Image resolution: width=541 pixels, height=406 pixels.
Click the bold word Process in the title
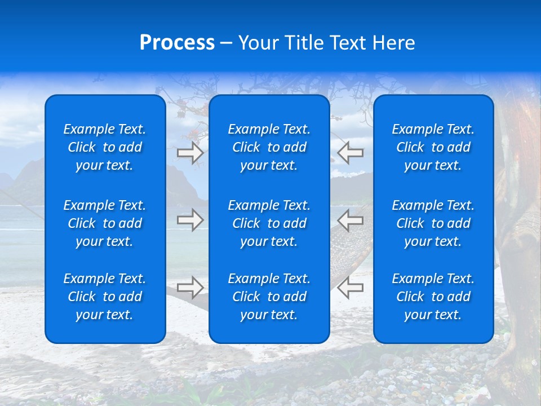click(x=177, y=43)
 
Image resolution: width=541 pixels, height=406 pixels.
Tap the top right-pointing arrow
click(x=190, y=153)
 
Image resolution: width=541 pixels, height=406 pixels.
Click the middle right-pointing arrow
click(x=190, y=220)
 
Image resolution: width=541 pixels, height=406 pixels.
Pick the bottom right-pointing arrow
click(x=190, y=288)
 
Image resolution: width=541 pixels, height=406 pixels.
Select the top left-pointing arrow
click(x=351, y=153)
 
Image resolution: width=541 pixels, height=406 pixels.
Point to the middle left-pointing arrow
click(x=351, y=220)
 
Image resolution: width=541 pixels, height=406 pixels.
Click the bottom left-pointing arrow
click(x=351, y=288)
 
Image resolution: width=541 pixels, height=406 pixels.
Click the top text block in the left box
click(x=105, y=147)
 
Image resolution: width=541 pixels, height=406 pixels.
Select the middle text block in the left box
click(x=105, y=223)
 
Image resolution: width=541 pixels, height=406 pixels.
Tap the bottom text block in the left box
click(x=105, y=297)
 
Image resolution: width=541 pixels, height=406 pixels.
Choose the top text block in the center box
click(x=269, y=147)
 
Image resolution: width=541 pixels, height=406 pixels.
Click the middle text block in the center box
click(x=269, y=223)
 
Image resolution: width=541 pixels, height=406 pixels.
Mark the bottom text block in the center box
click(x=269, y=297)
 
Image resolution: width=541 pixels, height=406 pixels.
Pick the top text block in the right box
click(x=433, y=147)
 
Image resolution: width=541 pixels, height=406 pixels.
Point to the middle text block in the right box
click(x=433, y=223)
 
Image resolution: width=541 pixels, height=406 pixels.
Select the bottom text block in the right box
click(x=433, y=297)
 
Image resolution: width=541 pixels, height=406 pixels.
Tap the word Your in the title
click(x=259, y=43)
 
